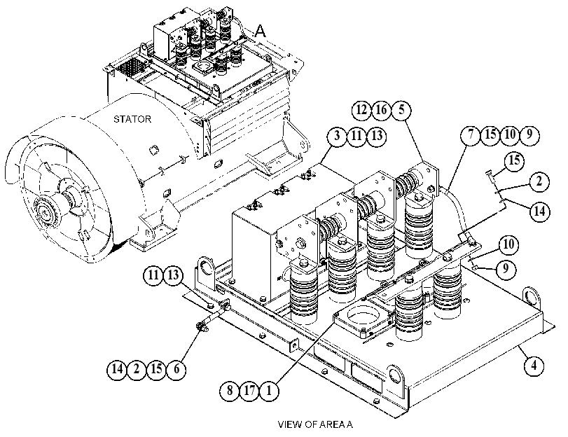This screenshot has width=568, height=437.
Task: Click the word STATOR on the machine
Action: [x=132, y=119]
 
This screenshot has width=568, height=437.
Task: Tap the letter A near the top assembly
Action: [x=260, y=31]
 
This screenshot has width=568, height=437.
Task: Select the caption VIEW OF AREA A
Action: [x=315, y=424]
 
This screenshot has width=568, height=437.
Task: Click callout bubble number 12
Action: [x=361, y=109]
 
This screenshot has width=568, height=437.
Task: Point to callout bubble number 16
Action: [x=381, y=109]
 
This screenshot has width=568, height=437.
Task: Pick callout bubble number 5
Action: [x=401, y=109]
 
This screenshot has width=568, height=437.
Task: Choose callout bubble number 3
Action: [x=337, y=136]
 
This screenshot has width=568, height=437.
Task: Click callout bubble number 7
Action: [x=471, y=134]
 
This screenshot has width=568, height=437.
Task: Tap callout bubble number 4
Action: [x=534, y=366]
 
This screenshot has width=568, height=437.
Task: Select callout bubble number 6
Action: [x=176, y=369]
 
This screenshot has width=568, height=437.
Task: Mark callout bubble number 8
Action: [x=230, y=391]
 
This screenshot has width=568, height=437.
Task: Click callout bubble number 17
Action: [x=249, y=391]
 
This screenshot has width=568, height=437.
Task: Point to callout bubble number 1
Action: [x=269, y=391]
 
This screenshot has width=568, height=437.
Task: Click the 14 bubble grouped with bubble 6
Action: [x=117, y=369]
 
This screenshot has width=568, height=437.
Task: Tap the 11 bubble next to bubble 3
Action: [x=356, y=136]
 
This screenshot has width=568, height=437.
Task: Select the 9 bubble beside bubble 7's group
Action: [x=529, y=134]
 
